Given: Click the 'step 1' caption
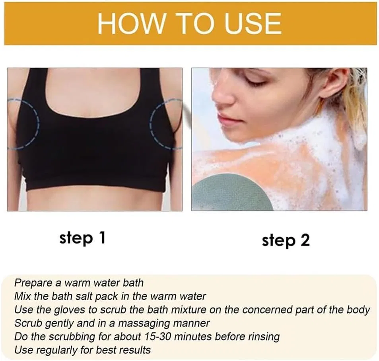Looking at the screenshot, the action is (x=82, y=238).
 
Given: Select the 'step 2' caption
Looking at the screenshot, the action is (x=286, y=241).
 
